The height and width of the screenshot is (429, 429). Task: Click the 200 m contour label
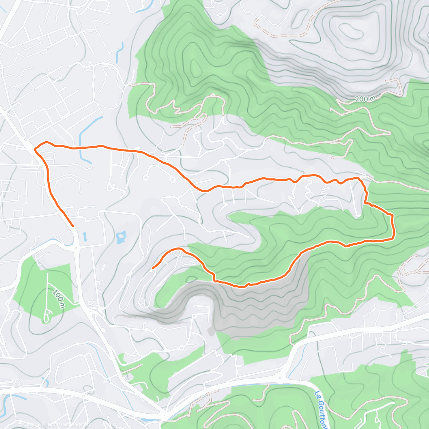tap(364, 99)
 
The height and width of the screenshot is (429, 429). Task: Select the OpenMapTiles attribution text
tap(38, 424)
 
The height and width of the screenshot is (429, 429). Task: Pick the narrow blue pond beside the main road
tap(85, 236)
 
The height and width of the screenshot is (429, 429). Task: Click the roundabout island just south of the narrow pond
tap(76, 247)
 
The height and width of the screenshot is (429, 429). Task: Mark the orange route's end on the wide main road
tap(73, 226)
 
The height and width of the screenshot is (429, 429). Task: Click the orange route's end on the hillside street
tap(153, 268)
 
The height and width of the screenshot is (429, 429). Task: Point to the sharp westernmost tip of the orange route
tap(35, 149)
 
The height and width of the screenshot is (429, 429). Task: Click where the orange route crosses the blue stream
tap(80, 147)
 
